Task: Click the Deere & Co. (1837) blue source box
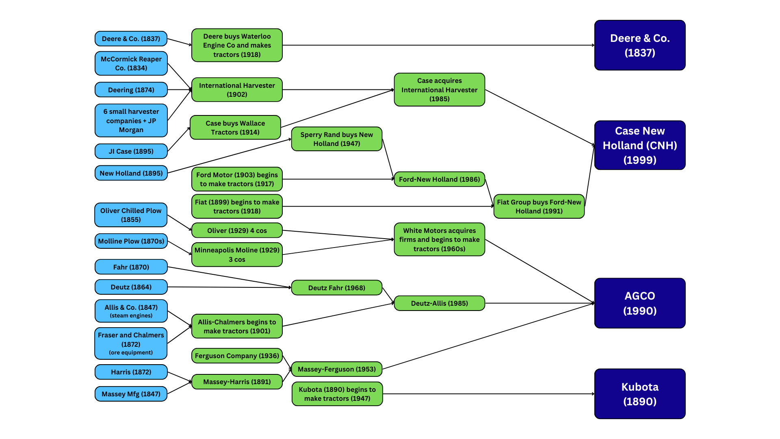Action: point(131,39)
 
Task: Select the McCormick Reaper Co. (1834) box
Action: point(131,63)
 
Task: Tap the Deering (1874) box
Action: point(131,90)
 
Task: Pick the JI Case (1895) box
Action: point(131,151)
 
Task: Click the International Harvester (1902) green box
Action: point(237,90)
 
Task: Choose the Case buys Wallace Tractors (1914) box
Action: point(235,128)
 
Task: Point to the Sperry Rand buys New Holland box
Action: point(336,139)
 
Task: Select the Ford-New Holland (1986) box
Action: point(439,179)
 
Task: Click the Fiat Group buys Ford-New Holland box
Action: point(539,206)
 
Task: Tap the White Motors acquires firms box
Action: point(439,239)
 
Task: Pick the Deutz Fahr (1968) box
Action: point(336,288)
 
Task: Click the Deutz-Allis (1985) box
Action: point(439,303)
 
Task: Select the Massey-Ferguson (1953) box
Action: point(336,369)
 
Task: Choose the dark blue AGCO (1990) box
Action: point(640,303)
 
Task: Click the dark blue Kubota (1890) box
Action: point(640,394)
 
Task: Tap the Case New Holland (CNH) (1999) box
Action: point(640,145)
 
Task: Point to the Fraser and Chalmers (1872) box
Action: point(131,343)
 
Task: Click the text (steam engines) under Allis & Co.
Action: point(131,316)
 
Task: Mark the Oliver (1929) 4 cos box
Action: point(237,230)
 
